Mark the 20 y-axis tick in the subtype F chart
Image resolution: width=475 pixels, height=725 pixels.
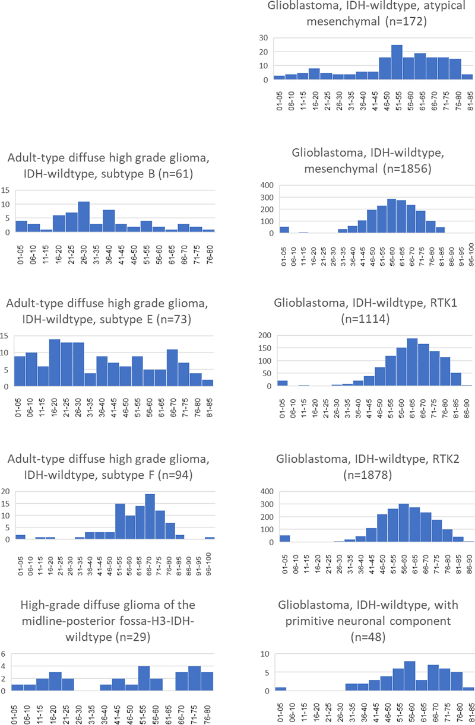pyautogui.click(x=6, y=491)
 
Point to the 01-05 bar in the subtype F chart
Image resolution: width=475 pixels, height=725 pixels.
pyautogui.click(x=20, y=537)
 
